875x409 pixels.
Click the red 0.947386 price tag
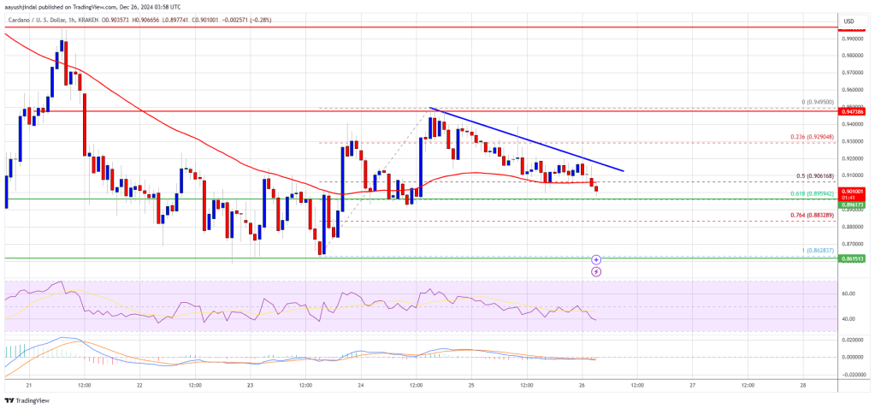[x=853, y=111]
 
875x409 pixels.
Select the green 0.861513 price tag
[x=853, y=257]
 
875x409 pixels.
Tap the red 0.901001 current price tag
[x=853, y=192]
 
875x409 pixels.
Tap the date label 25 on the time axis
[x=470, y=385]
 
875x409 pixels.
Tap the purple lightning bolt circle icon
[x=596, y=271]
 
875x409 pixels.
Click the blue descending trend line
[x=530, y=141]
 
